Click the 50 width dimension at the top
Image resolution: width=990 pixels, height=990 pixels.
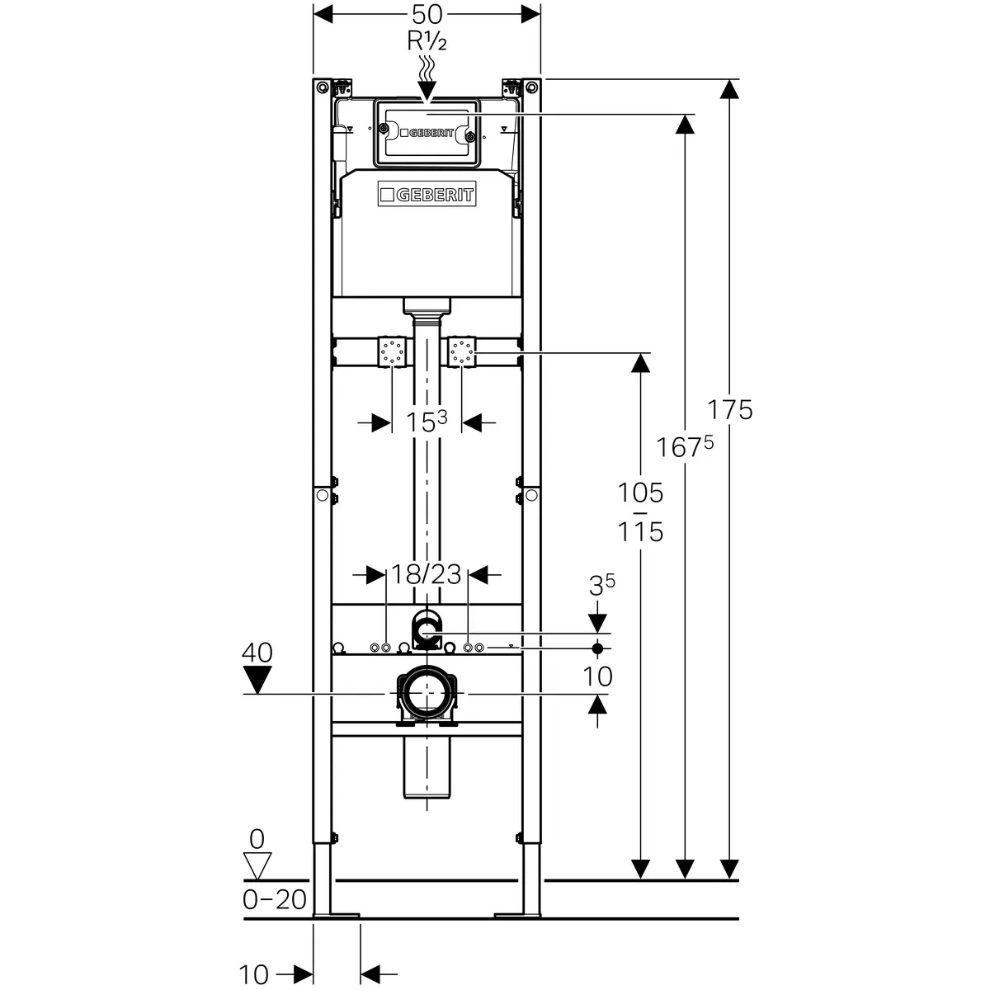click(x=427, y=14)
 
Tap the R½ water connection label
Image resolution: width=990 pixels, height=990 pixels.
click(x=427, y=40)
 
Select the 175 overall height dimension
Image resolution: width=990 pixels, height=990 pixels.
click(x=729, y=410)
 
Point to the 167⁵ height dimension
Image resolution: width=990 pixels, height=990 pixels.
click(x=685, y=446)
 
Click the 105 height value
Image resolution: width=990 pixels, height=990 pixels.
click(x=640, y=493)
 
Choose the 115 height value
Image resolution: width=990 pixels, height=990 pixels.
click(x=640, y=532)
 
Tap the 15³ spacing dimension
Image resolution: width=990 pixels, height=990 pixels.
click(x=427, y=422)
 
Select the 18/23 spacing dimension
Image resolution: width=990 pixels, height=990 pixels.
click(x=426, y=574)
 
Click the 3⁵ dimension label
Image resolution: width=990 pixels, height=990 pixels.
click(x=601, y=585)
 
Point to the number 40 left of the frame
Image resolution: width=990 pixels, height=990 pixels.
click(x=257, y=653)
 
